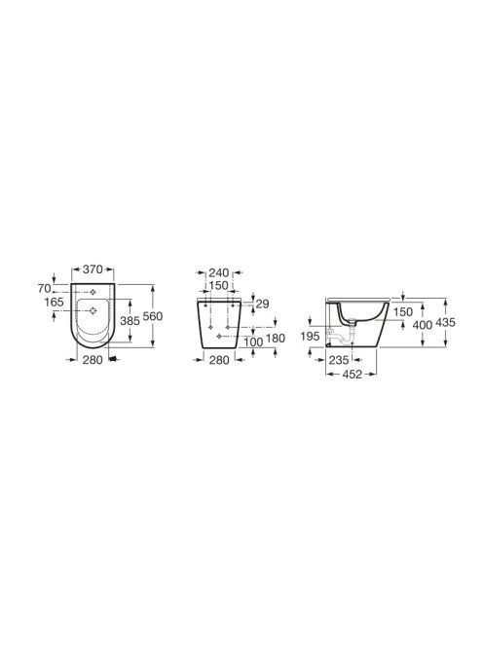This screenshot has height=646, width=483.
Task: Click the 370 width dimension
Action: click(93, 269)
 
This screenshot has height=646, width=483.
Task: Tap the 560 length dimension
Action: click(153, 316)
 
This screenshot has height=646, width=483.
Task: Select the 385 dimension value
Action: click(130, 320)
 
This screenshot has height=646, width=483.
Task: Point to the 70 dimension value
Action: click(44, 288)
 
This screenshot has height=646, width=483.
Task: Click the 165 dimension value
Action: click(54, 302)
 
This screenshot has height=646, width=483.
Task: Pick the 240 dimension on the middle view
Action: click(218, 272)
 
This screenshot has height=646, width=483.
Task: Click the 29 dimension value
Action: click(262, 305)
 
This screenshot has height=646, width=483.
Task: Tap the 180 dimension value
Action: click(276, 339)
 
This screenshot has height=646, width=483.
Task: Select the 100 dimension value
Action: click(253, 341)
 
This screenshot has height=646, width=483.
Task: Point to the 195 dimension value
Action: click(311, 337)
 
